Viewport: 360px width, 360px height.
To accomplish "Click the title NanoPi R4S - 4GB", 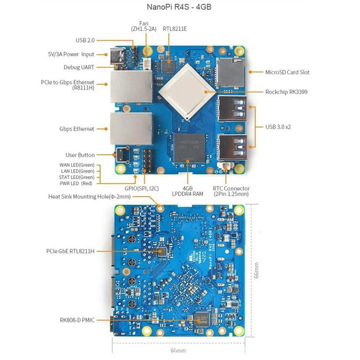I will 180,7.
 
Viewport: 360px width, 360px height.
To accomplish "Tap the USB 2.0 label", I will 85,40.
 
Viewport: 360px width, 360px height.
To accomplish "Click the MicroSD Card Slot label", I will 287,72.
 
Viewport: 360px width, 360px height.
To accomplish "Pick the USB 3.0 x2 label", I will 278,126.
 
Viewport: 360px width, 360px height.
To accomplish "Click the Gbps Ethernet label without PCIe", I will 77,129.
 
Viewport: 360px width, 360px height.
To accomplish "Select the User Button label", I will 80,155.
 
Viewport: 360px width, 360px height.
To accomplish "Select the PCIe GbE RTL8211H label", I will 70,250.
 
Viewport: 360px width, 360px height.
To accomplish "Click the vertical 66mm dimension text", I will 255,270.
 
